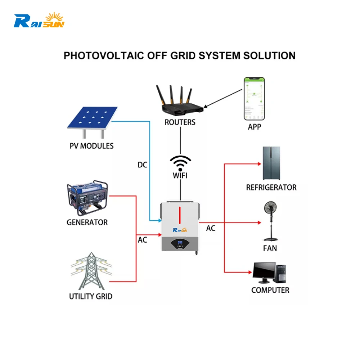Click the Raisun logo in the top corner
39,21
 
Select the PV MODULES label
91,146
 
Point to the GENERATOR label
87,222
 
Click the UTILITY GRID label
91,297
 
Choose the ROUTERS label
180,122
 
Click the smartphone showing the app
254,98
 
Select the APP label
254,127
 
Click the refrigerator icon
272,163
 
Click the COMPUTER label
270,290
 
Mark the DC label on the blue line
143,165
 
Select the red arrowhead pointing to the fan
259,223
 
